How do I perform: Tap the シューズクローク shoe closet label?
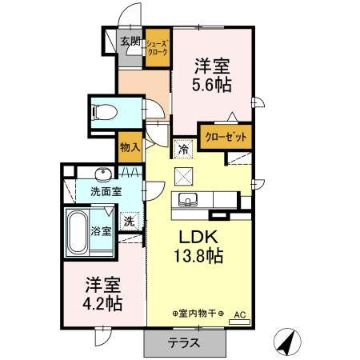point(157,48)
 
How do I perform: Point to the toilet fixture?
point(106,113)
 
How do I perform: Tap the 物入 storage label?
point(130,147)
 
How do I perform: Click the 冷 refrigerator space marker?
point(184,148)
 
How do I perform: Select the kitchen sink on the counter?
point(189,199)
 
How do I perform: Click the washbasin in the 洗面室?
point(102,174)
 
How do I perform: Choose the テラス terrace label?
point(184,344)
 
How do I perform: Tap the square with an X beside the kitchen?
point(185,176)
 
